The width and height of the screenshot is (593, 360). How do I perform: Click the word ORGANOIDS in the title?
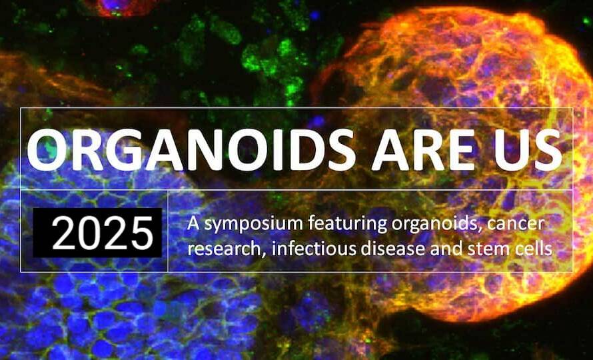point(191,149)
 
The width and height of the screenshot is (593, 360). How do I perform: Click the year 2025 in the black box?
point(103,233)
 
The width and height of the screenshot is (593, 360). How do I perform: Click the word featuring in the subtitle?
point(347,225)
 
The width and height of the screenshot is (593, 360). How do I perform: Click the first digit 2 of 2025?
point(63,233)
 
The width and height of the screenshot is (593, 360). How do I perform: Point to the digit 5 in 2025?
point(142,233)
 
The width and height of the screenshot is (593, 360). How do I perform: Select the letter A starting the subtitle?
point(193,223)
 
